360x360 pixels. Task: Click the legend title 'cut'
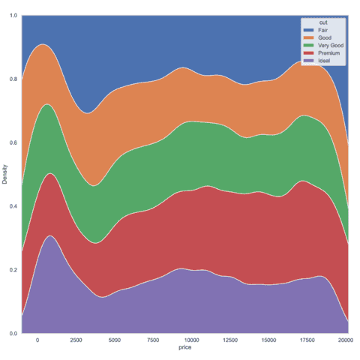pos(322,22)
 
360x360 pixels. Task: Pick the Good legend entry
pos(325,37)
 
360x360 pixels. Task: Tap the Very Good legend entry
pos(329,45)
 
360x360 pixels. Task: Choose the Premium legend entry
pos(328,52)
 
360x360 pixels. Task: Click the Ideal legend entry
pos(324,60)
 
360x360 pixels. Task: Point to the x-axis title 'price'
pos(184,349)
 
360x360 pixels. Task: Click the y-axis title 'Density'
pos(6,174)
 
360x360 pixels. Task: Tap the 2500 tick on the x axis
pos(76,340)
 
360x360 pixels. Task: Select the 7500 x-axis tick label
pos(154,340)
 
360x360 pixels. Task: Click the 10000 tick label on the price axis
pos(193,340)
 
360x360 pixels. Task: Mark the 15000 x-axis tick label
pos(269,340)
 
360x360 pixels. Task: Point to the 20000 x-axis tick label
pos(346,340)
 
